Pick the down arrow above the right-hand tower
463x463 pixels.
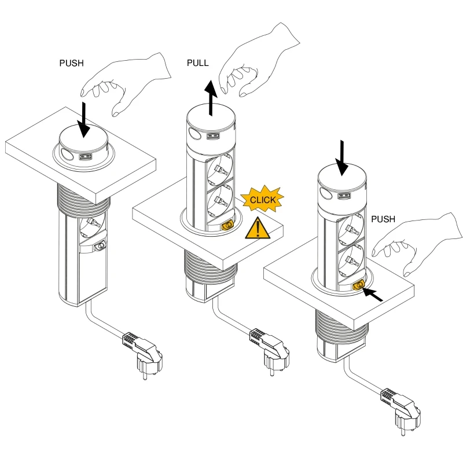pyautogui.click(x=343, y=157)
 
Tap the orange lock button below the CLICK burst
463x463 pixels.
pyautogui.click(x=227, y=223)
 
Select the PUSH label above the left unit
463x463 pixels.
pyautogui.click(x=72, y=63)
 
